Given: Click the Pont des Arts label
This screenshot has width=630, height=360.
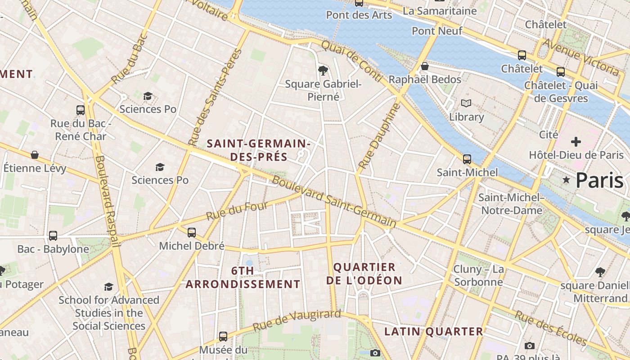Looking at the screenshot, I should click(x=359, y=15).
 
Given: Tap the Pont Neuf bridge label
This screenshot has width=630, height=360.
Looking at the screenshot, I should click(x=437, y=31).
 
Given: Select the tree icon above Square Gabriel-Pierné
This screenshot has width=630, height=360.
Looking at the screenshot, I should click(x=323, y=70).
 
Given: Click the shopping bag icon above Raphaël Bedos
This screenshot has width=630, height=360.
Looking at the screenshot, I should click(x=424, y=67).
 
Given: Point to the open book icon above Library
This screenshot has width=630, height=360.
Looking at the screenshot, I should click(x=466, y=103).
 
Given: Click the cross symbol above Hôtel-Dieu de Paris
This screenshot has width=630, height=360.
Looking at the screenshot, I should click(x=576, y=142).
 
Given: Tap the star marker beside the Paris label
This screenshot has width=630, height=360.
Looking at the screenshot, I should click(x=566, y=180).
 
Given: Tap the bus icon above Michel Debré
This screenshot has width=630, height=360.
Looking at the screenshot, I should click(x=192, y=233).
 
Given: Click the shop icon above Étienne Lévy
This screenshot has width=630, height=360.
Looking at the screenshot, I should click(x=35, y=155).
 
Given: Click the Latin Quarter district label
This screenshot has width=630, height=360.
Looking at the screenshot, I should click(x=433, y=332).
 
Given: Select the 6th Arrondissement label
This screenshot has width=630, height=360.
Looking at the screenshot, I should click(x=243, y=277).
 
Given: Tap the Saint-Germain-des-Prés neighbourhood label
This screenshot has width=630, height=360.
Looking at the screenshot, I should click(x=258, y=150).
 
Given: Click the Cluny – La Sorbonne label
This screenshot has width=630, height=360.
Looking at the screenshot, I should click(x=478, y=275).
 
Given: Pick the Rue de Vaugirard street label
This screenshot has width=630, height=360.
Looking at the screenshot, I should click(x=297, y=320).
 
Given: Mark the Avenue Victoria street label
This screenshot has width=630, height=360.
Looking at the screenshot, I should click(x=580, y=57).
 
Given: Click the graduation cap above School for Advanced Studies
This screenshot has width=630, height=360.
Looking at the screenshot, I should click(x=108, y=287).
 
